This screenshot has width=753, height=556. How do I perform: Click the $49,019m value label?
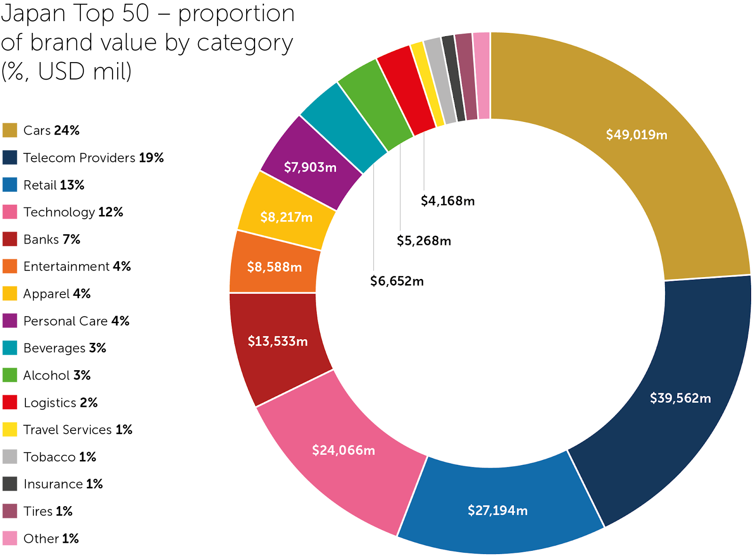tap(636, 135)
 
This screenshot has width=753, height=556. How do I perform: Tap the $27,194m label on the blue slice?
tap(497, 510)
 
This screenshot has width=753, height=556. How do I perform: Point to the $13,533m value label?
tap(278, 341)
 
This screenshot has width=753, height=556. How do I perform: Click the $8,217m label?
tap(286, 217)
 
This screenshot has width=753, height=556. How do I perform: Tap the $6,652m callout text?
tap(397, 281)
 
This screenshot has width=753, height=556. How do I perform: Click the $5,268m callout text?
tap(424, 241)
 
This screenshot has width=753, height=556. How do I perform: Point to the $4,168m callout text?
tap(448, 201)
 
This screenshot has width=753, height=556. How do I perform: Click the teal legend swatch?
tap(10, 348)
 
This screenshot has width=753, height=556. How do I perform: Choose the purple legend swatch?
tap(10, 320)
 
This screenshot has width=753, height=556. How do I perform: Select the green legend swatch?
tap(10, 375)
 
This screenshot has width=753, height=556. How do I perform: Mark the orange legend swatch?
tap(10, 266)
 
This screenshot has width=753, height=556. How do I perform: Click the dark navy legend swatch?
tap(10, 158)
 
